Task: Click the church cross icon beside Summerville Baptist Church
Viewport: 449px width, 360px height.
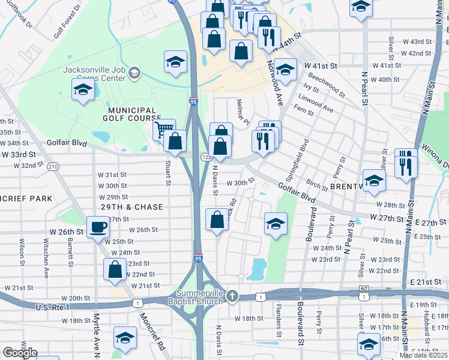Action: (x=233, y=296)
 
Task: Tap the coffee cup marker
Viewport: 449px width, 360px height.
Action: (x=98, y=228)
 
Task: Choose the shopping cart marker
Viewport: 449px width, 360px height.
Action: (x=163, y=130)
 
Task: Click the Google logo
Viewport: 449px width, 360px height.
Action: (x=20, y=353)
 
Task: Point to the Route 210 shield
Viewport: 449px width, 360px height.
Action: (x=53, y=166)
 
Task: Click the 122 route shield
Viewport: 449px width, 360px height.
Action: (x=205, y=157)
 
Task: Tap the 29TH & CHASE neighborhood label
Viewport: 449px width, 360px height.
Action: (x=131, y=207)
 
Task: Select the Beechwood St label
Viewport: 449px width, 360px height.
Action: (x=324, y=83)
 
